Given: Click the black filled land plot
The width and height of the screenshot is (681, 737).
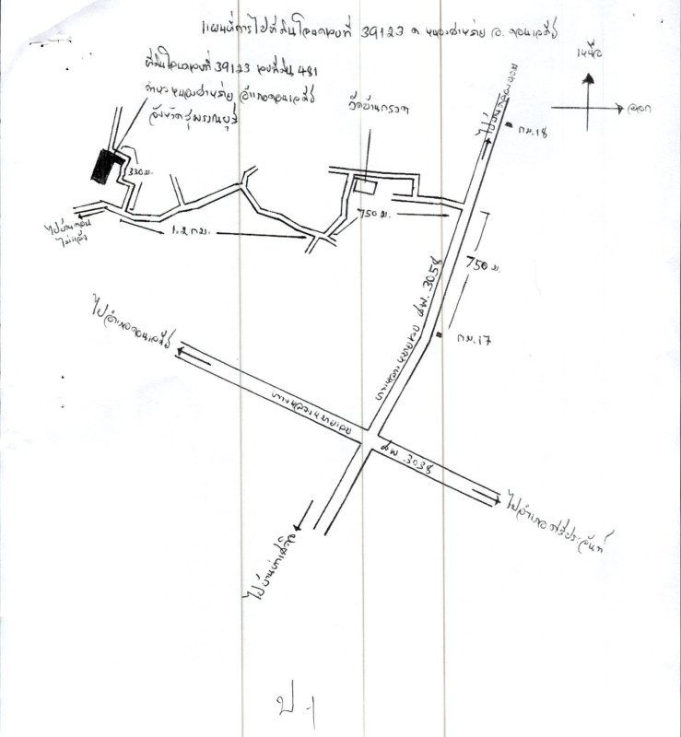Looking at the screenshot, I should tap(107, 166).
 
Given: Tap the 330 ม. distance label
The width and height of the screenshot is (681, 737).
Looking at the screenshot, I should tap(139, 173).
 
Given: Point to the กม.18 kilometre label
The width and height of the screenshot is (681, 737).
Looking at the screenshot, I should tap(534, 132).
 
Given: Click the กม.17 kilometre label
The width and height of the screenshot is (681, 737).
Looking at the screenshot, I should tap(476, 338).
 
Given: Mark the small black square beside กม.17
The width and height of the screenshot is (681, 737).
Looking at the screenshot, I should tap(440, 333).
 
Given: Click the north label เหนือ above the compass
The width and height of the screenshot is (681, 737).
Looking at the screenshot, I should tap(588, 53).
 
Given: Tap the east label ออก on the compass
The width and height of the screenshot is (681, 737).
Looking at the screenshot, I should tap(636, 110).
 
